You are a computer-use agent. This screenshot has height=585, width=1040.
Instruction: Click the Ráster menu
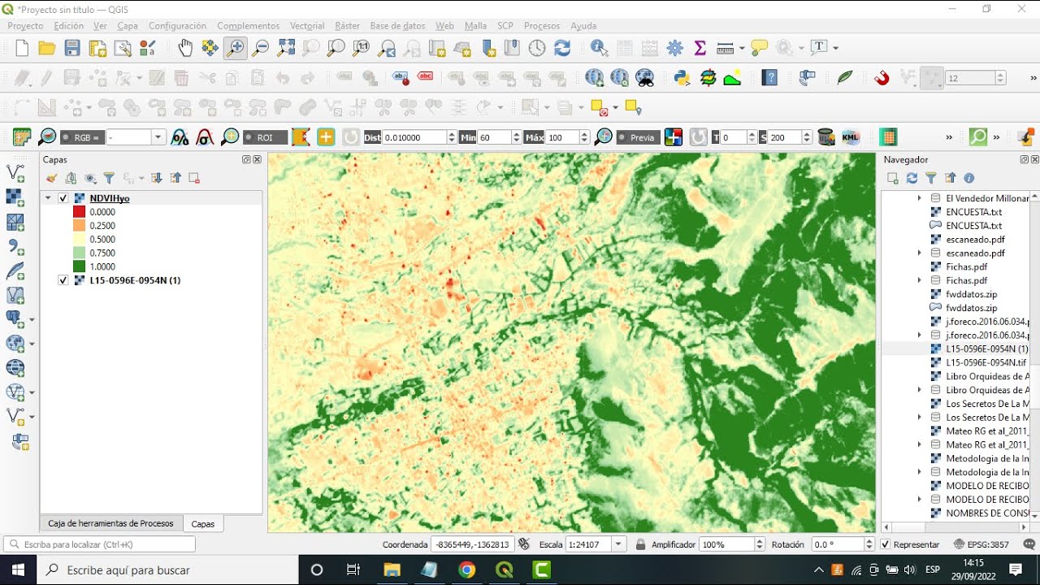[x=347, y=26]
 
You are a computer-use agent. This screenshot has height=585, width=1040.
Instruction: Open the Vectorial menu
[x=307, y=26]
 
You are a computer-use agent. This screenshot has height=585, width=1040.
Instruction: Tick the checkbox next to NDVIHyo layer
[x=63, y=198]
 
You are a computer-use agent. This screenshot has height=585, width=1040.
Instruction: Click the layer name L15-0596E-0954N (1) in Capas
[x=135, y=280]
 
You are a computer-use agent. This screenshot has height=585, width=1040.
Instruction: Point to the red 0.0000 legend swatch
[x=79, y=212]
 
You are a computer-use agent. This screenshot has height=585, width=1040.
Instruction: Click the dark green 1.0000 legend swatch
[x=79, y=266]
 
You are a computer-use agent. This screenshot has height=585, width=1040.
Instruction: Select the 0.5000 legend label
[x=102, y=240]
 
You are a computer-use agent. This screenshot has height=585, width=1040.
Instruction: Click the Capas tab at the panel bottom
[x=203, y=524]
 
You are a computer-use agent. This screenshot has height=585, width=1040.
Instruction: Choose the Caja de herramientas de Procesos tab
[x=110, y=523]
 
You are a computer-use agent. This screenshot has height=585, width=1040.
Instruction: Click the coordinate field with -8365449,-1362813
[x=471, y=544]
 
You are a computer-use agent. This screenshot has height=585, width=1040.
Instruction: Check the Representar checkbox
[x=886, y=544]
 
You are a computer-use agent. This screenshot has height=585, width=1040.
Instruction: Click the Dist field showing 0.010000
[x=414, y=137]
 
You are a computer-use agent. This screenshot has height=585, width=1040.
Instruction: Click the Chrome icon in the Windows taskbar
[x=466, y=570]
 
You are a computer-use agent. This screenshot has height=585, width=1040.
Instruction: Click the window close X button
[x=1021, y=9]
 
